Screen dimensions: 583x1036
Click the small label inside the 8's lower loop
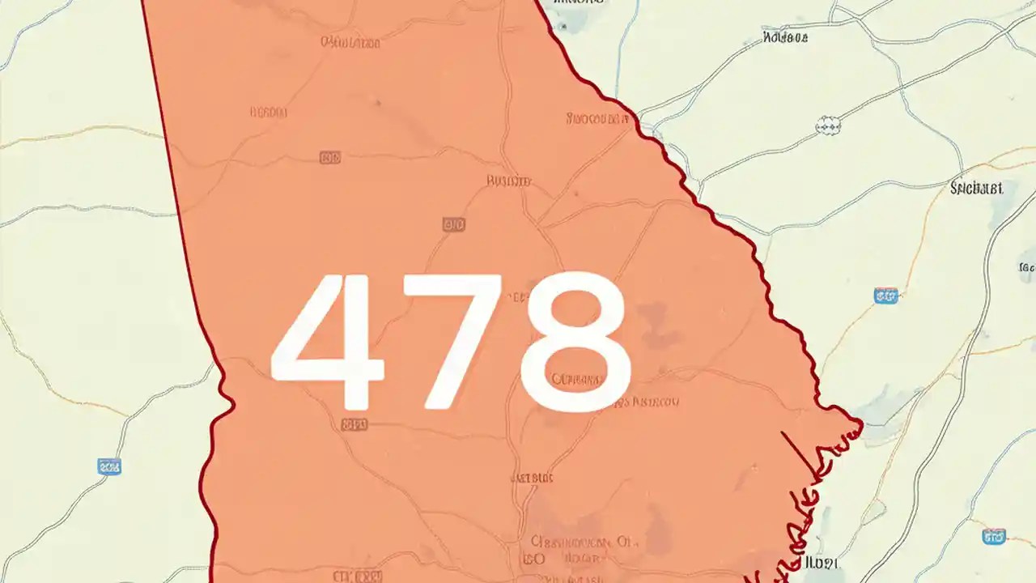[576, 379]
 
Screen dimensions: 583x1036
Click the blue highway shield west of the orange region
[108, 466]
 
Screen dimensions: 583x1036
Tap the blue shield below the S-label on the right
[885, 296]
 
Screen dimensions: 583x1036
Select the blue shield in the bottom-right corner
[993, 536]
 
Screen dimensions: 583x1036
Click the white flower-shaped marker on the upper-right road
[828, 124]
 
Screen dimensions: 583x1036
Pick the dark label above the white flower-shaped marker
[785, 37]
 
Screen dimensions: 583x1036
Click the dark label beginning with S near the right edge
[976, 189]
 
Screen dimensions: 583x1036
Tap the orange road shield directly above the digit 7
[454, 224]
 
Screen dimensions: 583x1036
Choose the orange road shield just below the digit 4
[354, 424]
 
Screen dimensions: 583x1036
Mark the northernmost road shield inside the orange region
[330, 157]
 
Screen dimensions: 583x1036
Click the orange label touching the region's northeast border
[598, 119]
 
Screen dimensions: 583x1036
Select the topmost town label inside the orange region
[350, 41]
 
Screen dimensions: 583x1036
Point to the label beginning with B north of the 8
[508, 181]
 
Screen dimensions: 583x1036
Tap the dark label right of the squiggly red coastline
[822, 562]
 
